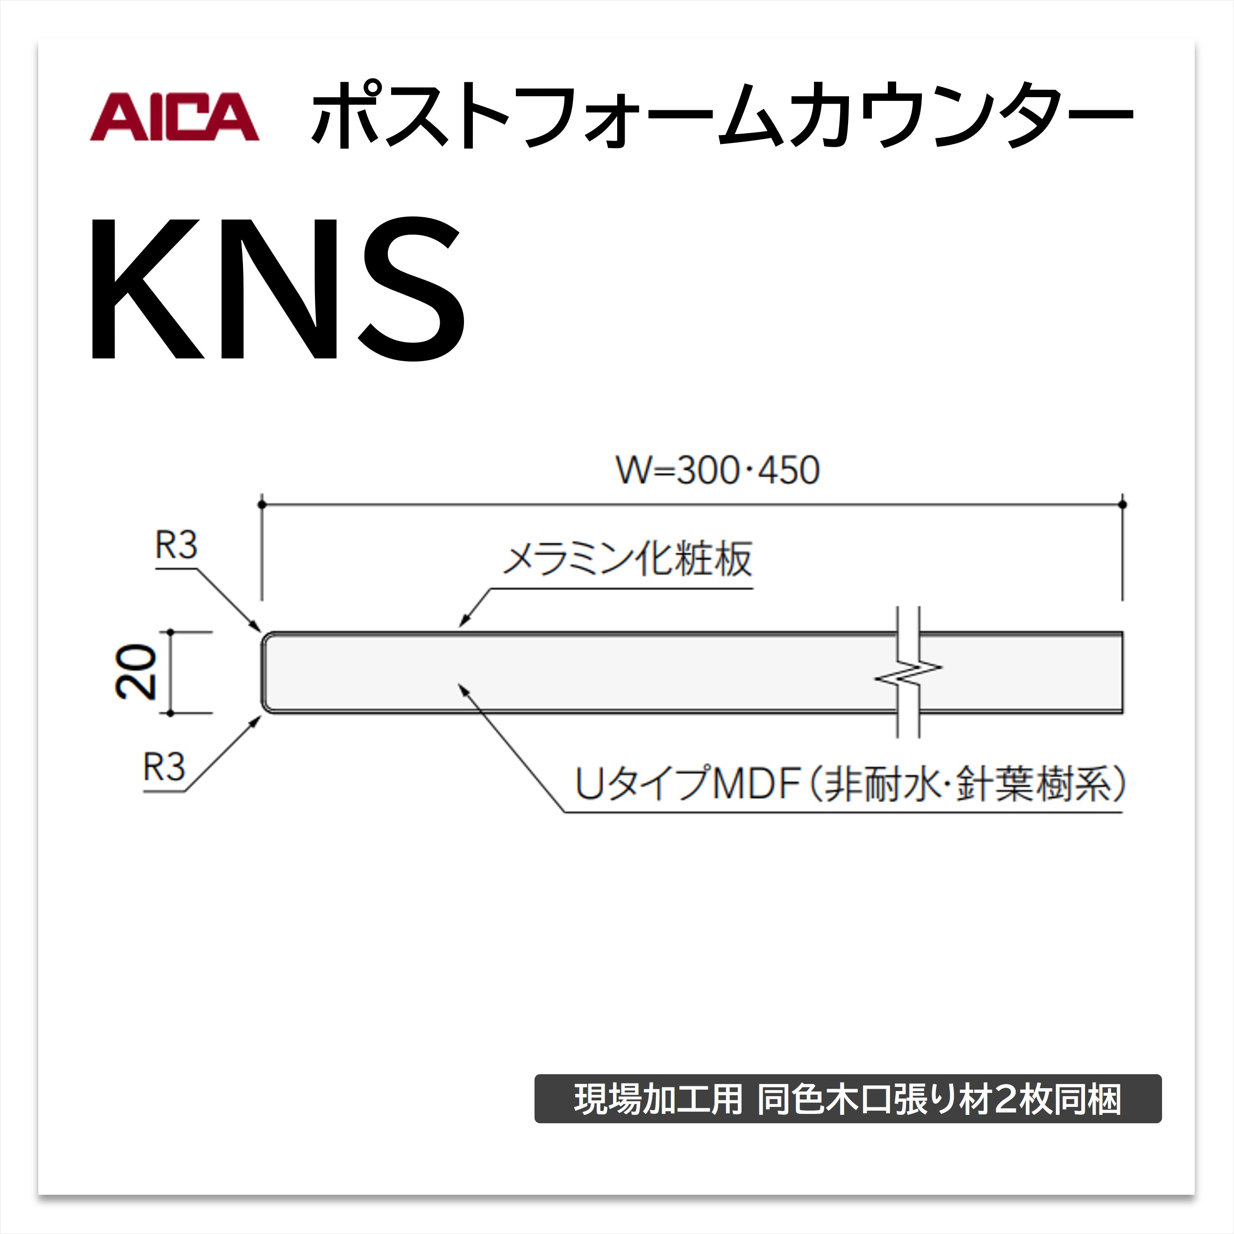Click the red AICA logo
tap(174, 116)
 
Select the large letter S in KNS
tap(412, 288)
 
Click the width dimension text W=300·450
tap(717, 471)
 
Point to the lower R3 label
tap(164, 767)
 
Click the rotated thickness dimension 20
tap(136, 672)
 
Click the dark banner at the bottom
tap(848, 1098)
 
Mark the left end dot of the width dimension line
tap(261, 505)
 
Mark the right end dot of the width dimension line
tap(1122, 505)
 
